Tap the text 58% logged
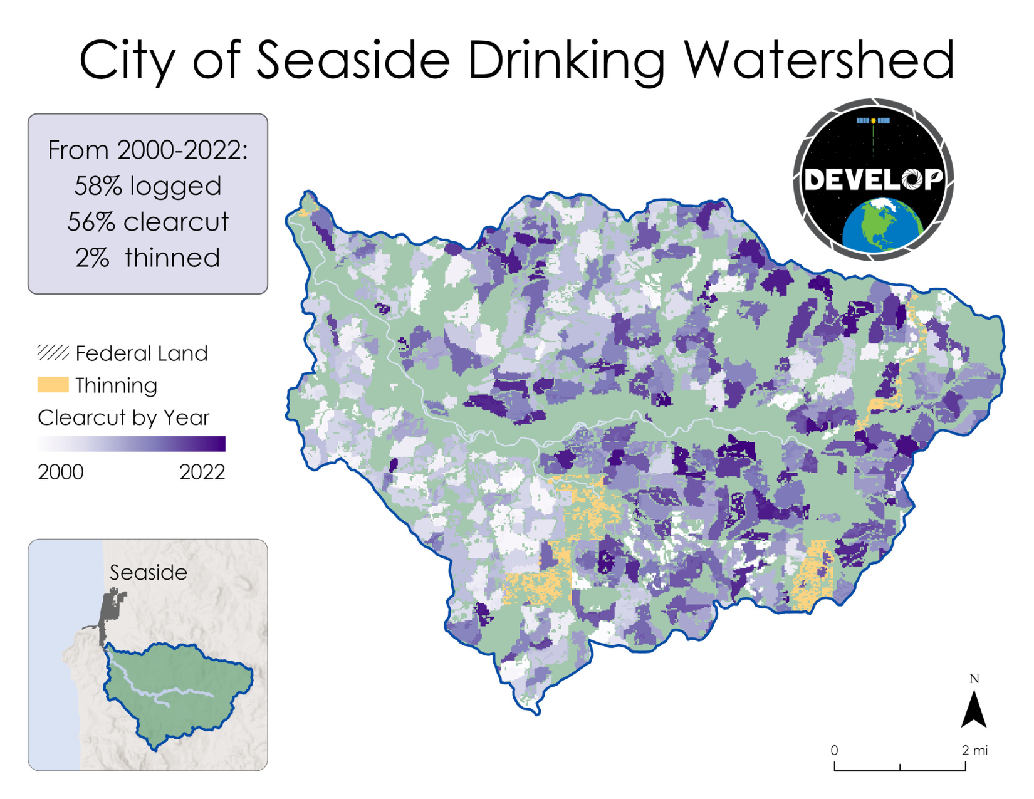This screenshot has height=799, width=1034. pyautogui.click(x=148, y=186)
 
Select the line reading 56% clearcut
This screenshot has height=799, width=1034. pyautogui.click(x=148, y=222)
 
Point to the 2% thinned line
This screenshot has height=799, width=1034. pyautogui.click(x=148, y=258)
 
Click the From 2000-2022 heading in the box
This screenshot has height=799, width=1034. pyautogui.click(x=148, y=150)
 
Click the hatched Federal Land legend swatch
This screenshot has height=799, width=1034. pyautogui.click(x=53, y=353)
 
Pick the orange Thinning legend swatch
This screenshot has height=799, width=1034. pyautogui.click(x=53, y=385)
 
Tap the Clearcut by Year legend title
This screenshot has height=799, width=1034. pyautogui.click(x=123, y=417)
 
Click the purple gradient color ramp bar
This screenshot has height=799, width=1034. pyautogui.click(x=131, y=444)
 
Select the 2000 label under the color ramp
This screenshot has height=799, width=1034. pyautogui.click(x=60, y=472)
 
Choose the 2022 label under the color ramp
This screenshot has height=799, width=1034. pyautogui.click(x=202, y=472)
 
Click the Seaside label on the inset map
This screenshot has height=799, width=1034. pyautogui.click(x=148, y=572)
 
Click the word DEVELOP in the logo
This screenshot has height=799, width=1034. pyautogui.click(x=874, y=180)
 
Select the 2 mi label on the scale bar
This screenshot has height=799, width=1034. pyautogui.click(x=974, y=750)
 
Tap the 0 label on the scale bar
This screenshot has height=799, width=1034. pyautogui.click(x=834, y=750)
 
